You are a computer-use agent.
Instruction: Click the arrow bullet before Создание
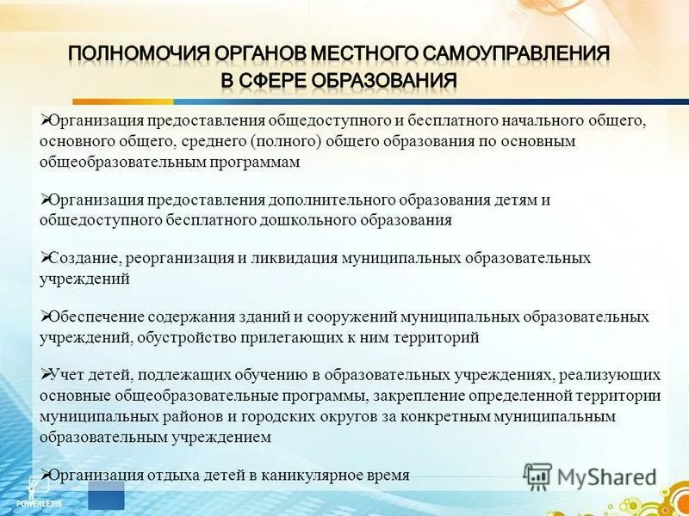tap(46, 256)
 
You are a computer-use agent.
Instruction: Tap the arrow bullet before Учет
tap(46, 374)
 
